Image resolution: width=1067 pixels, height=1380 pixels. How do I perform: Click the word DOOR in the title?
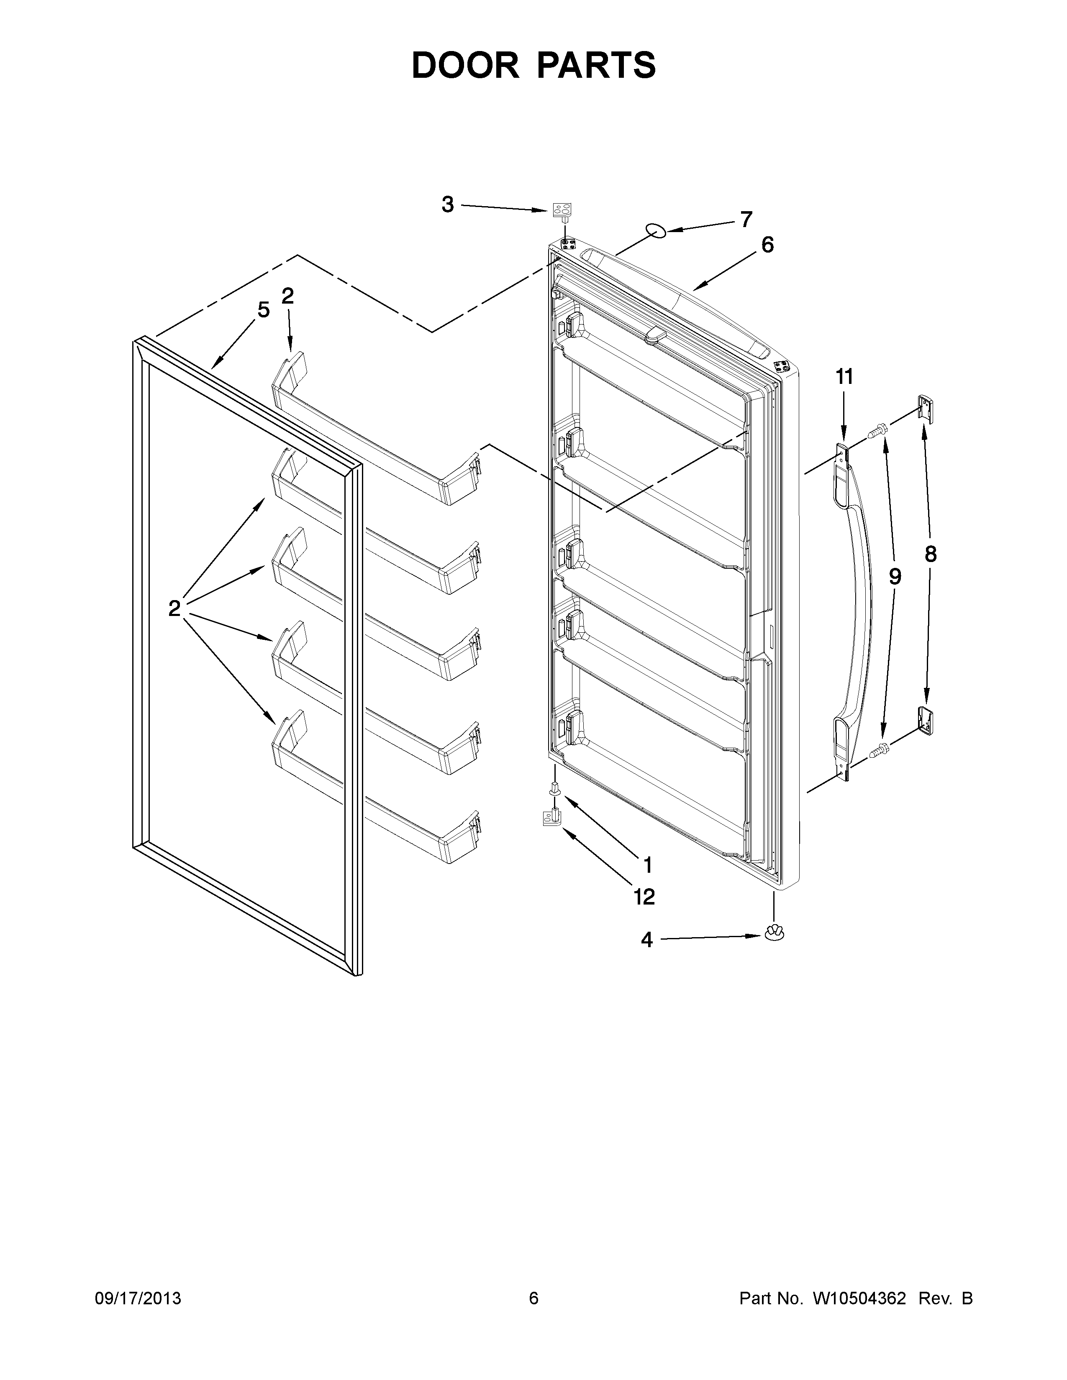pos(464,65)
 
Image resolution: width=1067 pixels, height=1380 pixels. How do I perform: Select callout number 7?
pos(746,220)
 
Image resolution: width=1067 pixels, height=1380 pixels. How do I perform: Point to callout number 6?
pos(767,245)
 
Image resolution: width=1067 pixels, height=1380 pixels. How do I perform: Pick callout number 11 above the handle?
pos(844,377)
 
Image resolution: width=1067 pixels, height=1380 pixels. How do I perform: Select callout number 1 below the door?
pos(647,863)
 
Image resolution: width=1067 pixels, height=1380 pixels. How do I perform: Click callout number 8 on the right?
pos(931,554)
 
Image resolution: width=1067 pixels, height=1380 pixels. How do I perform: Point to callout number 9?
pos(895,576)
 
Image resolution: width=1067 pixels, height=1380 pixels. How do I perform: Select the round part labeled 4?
pos(772,950)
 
